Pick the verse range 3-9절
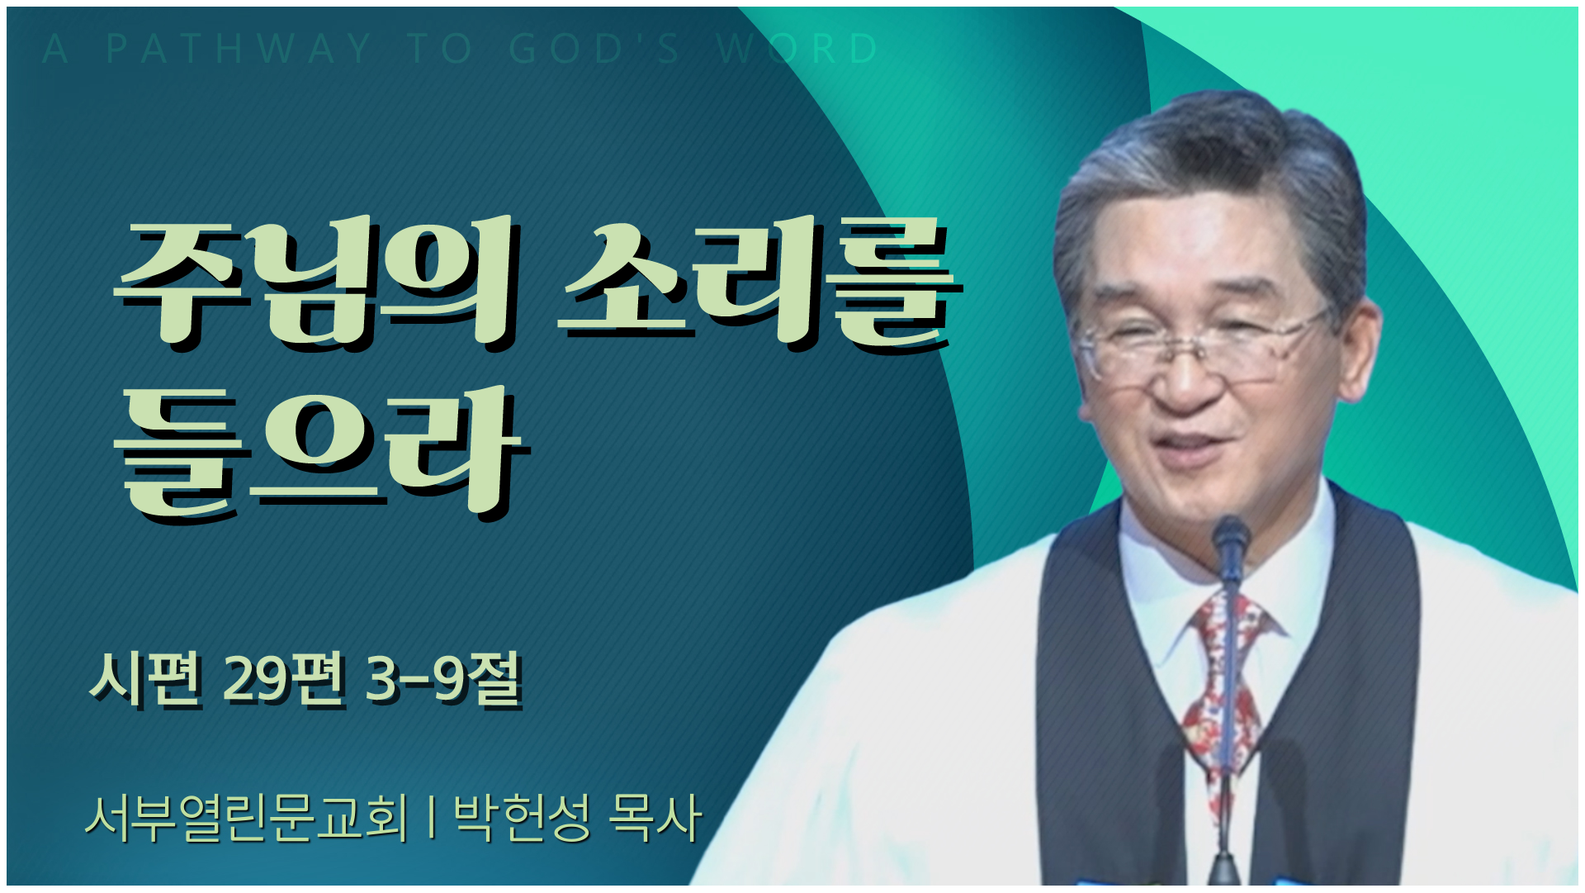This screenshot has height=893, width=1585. (444, 679)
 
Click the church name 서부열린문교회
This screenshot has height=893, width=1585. (247, 818)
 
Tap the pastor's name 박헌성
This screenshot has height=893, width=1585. (523, 818)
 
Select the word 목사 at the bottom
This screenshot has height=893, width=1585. (655, 818)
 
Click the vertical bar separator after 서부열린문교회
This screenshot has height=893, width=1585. (432, 818)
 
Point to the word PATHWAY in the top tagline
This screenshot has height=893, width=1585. (239, 49)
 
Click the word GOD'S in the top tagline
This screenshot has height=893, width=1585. (594, 49)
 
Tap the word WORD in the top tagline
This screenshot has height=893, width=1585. (797, 49)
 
